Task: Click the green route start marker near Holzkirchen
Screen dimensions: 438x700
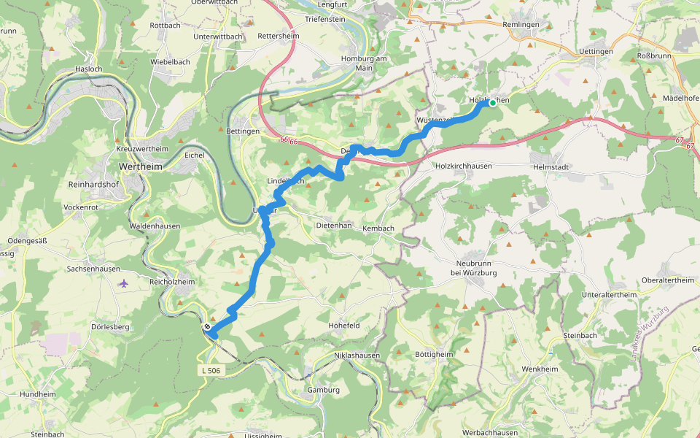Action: [x=493, y=103]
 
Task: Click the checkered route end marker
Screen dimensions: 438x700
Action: [x=208, y=327]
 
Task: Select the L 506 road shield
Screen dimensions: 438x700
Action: [x=210, y=371]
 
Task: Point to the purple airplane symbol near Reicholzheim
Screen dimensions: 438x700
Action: [x=123, y=283]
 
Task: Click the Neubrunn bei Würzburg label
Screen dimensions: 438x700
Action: [x=475, y=267]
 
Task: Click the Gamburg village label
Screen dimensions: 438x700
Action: [x=324, y=390]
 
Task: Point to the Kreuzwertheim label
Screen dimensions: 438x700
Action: [x=142, y=149]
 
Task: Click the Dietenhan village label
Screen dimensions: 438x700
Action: [x=334, y=226]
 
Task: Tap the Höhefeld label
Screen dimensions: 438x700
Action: [x=344, y=325]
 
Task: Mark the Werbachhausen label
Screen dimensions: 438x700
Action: [x=490, y=433]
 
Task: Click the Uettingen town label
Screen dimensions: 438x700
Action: [x=596, y=52]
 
